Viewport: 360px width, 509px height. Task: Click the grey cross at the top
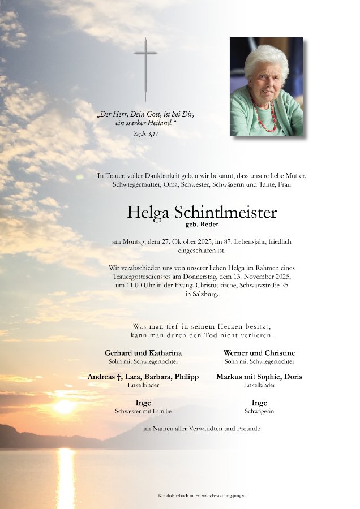(145, 62)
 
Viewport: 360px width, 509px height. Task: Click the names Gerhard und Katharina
(143, 352)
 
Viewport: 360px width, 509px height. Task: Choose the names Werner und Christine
(259, 352)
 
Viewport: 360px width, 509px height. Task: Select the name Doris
(291, 376)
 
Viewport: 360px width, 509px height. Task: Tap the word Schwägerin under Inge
(259, 411)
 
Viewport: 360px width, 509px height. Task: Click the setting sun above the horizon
(64, 407)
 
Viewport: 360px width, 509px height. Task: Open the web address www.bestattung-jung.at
(227, 495)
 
